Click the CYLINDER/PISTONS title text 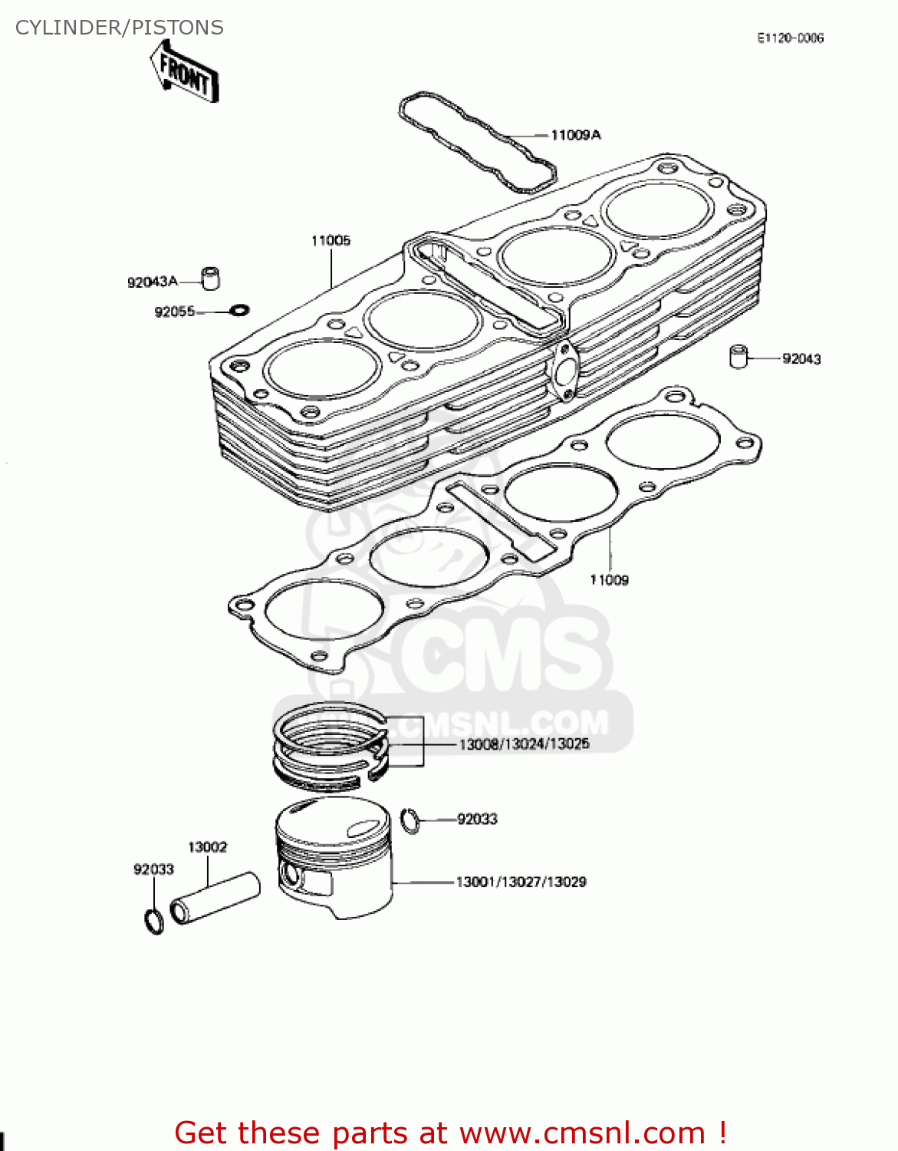[120, 28]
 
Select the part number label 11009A [575, 135]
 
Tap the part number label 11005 [331, 241]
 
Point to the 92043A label [152, 282]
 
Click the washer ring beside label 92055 [239, 311]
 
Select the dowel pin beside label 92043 [738, 357]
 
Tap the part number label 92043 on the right [801, 358]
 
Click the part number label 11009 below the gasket [609, 580]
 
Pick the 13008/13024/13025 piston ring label [524, 744]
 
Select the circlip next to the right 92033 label [411, 820]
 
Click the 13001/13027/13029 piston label [521, 882]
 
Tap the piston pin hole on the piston [291, 874]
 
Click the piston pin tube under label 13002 [215, 898]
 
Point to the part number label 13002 [207, 847]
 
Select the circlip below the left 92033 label [154, 921]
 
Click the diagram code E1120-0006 [790, 38]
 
